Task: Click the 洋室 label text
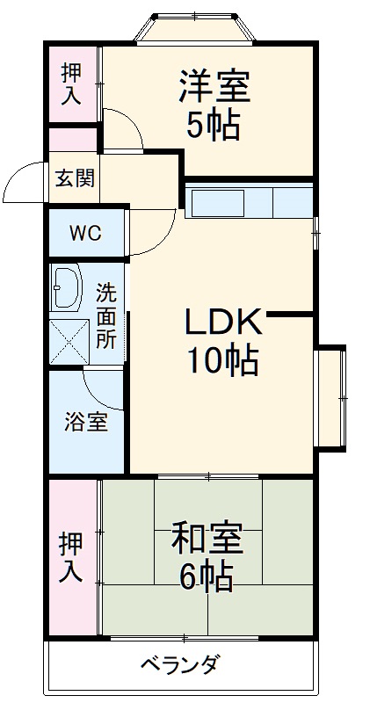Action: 215,89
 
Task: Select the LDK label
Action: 222,323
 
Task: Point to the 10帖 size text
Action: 221,360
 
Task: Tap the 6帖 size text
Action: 206,576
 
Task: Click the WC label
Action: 85,234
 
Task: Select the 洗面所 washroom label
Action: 106,315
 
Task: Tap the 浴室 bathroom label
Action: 86,422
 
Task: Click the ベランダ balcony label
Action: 180,663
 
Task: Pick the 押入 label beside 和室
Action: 71,557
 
